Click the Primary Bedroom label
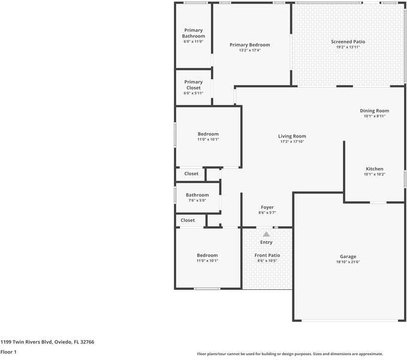pos(250,45)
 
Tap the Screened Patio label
pos(348,41)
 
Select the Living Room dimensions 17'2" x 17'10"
pos(293,142)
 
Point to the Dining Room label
pos(374,110)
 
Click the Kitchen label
pos(374,169)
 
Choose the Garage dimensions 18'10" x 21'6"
pos(348,262)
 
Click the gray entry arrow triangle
pos(266,234)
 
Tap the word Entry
pos(266,242)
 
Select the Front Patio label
pos(267,255)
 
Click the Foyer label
pos(267,207)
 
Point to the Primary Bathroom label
pos(193,33)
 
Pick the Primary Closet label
pos(193,85)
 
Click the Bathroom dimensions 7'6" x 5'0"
pos(197,200)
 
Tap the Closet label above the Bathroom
pos(191,174)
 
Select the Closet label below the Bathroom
pos(188,220)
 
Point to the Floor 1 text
pos(8,352)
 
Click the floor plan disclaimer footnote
pos(290,354)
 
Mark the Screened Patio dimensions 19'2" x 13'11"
pos(348,47)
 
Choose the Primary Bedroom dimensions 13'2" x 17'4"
pos(250,50)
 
